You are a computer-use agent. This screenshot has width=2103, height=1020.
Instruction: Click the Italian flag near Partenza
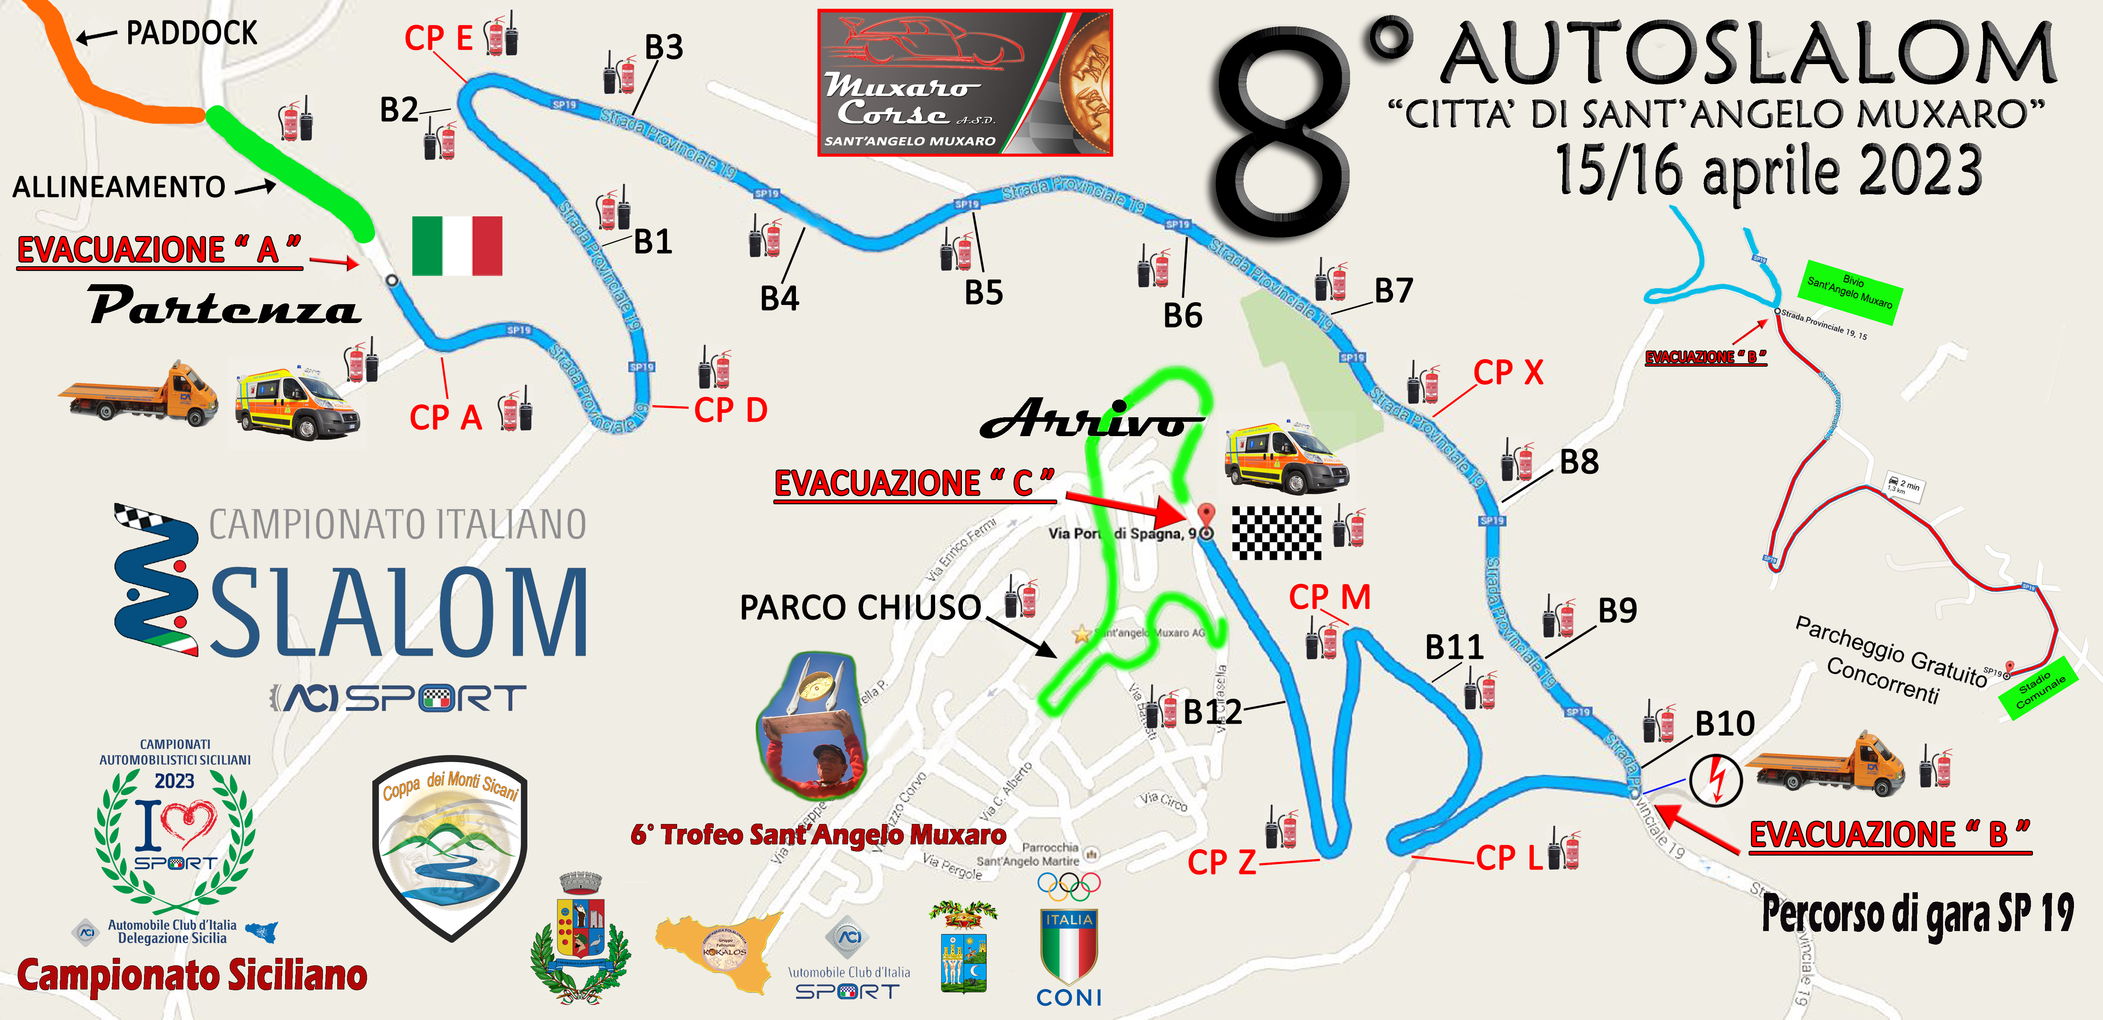[457, 246]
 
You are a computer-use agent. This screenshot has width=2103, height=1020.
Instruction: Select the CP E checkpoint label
[438, 38]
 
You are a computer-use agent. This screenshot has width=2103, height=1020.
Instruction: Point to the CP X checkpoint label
[1508, 373]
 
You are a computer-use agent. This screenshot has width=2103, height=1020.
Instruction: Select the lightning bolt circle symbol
[1715, 780]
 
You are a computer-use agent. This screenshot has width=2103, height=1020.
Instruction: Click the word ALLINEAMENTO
[119, 187]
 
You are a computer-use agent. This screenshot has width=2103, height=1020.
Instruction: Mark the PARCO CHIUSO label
[860, 607]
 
